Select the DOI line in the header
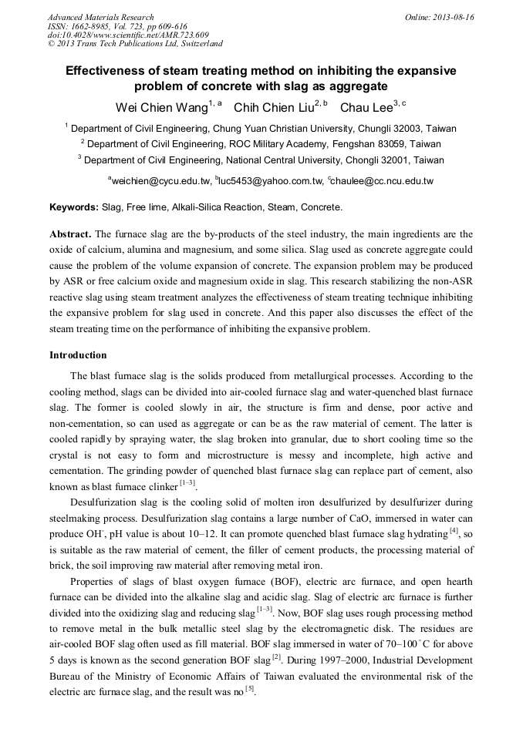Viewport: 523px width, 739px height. [128, 35]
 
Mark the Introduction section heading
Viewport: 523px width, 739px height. [78, 355]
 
